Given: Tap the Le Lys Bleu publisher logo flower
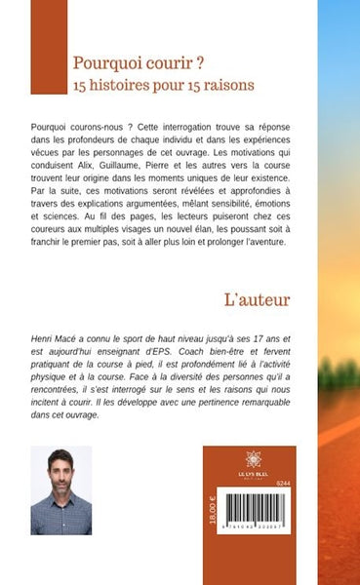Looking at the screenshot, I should coord(254,457).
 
